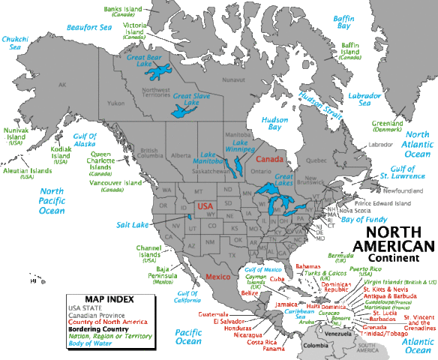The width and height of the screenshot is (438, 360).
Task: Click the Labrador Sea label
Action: click(x=374, y=100)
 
